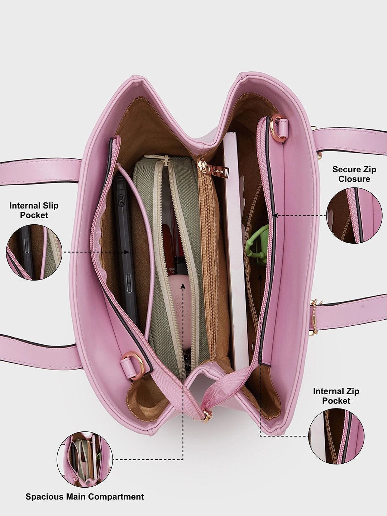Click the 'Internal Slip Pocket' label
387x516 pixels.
pos(34,210)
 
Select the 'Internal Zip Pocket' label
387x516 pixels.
pos(336,396)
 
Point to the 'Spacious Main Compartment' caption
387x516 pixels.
pos(85,497)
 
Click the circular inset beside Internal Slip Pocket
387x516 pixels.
pos(34,252)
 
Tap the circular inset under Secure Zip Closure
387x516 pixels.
pos(354,215)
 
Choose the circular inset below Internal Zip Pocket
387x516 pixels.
pos(336,436)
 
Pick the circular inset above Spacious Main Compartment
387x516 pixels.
pos(85,459)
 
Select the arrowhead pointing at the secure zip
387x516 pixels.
pos(275,216)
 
